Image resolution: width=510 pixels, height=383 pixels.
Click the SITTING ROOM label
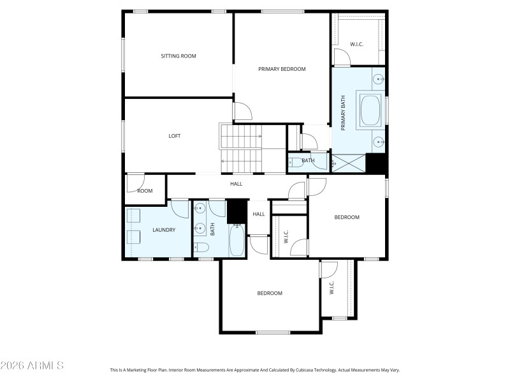point(178,56)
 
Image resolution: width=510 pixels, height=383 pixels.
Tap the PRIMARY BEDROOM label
point(282,69)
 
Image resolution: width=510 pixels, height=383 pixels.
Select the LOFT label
point(174,136)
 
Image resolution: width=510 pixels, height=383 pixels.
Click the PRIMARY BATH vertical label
point(343,113)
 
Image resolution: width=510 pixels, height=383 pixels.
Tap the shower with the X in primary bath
point(349,163)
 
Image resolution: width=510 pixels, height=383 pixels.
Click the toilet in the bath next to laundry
point(201,248)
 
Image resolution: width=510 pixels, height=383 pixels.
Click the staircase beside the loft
point(241,147)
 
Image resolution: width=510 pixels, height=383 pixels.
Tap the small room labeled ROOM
point(145,191)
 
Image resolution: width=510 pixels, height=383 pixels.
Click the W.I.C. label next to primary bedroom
point(356,44)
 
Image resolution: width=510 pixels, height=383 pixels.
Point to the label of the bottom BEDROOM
point(270,294)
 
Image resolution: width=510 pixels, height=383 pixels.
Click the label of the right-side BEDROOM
point(347,218)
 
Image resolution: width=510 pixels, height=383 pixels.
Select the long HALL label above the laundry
point(236,184)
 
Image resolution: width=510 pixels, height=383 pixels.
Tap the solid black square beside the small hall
point(237,210)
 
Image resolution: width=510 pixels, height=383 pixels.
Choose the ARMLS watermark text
point(32,366)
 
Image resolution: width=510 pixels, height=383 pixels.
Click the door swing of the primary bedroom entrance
point(243,112)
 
